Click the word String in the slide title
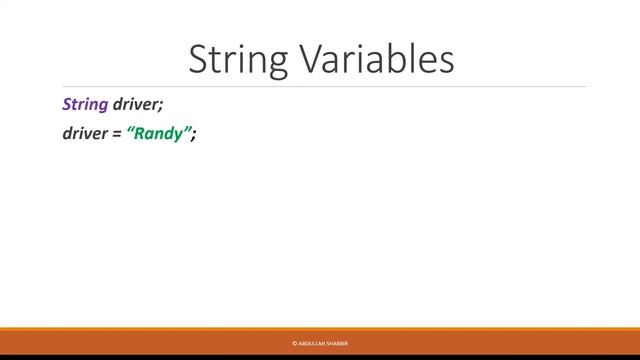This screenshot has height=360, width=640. coord(238,59)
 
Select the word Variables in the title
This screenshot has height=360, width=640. coord(375,59)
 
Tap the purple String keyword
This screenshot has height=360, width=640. coord(85,104)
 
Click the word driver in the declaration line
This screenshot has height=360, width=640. coord(136,104)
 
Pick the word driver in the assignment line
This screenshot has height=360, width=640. coord(85,134)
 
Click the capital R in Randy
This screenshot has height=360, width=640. coord(141,134)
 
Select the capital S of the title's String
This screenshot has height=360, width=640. coord(199,59)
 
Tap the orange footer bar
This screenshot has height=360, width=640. coord(500,342)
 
